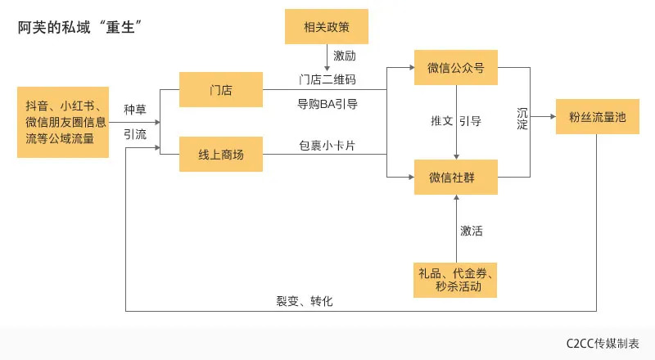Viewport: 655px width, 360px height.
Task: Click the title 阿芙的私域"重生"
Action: click(82, 28)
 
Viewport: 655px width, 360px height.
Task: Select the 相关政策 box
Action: click(327, 26)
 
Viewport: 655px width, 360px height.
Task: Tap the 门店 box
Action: click(221, 89)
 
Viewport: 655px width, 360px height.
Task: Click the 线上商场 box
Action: click(221, 155)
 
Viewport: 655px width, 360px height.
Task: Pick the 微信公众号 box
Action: click(456, 67)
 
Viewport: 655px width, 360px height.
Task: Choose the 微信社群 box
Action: click(456, 177)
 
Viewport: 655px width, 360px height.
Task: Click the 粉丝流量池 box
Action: click(597, 117)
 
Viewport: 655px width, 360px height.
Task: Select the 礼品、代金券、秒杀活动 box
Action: click(456, 280)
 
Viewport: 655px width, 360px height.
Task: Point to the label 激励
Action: click(345, 56)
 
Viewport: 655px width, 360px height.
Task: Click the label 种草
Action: click(135, 110)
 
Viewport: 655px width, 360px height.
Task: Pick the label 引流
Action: click(135, 134)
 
